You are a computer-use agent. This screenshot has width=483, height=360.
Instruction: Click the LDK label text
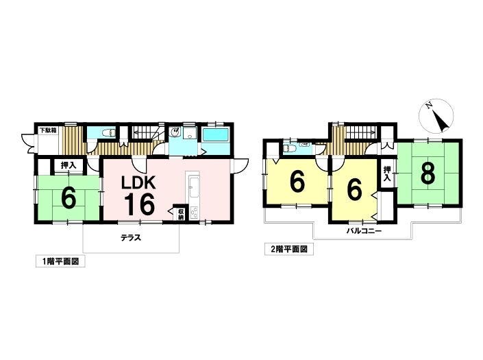pos(138,183)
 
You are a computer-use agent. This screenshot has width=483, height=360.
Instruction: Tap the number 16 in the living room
pos(139,204)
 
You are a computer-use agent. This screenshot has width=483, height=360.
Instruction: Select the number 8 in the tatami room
pos(428,173)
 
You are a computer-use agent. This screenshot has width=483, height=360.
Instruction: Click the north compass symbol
pos(436,116)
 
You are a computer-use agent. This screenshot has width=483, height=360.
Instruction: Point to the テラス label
pos(131,238)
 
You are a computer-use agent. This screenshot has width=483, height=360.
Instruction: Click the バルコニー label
pos(364,231)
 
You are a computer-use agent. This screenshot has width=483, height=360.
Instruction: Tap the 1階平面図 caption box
pos(60,261)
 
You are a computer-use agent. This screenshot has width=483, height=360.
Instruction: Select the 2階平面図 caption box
pos(289,249)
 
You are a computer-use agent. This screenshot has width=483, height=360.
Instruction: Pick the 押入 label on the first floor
pos(68,165)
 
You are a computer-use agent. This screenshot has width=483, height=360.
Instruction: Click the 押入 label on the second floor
pos(386,173)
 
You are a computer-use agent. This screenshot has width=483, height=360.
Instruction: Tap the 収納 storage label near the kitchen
pos(180,214)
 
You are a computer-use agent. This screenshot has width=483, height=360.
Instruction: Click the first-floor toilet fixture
pos(108,133)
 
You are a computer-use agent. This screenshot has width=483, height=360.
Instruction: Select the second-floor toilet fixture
pos(290,149)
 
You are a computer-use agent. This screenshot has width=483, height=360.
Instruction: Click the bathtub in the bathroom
pos(216,134)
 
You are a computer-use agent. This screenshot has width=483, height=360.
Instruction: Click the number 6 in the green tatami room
pos(69,198)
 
